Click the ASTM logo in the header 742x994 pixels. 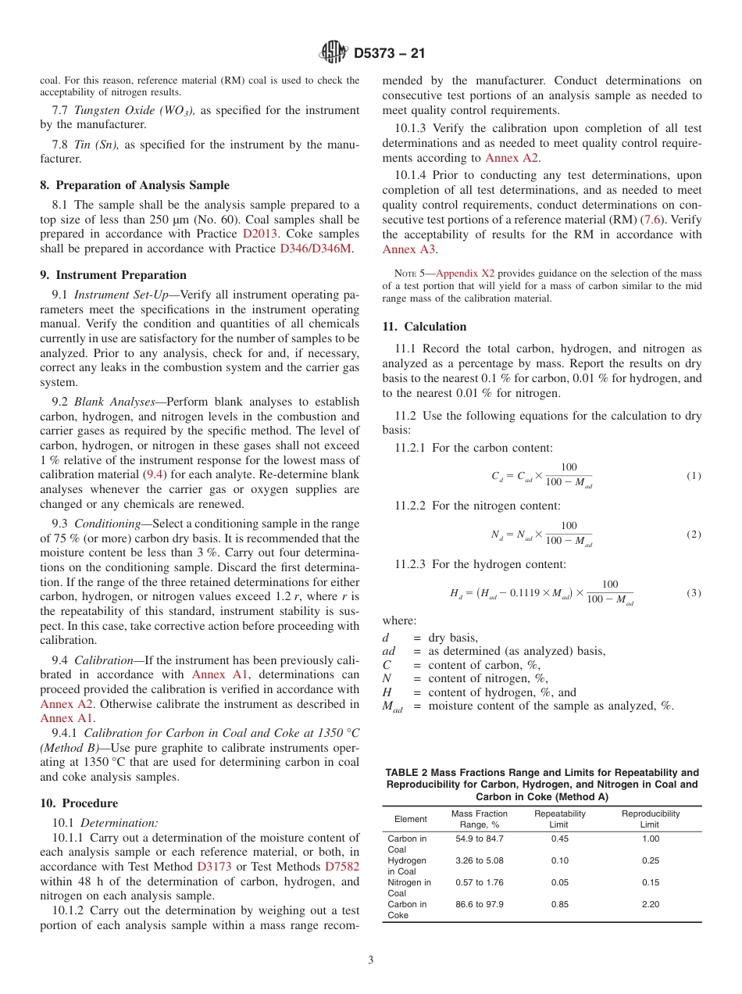[334, 54]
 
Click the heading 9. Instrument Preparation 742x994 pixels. [113, 275]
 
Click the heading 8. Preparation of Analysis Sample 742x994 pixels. [134, 185]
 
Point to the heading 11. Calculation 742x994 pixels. [424, 327]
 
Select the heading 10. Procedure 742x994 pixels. [79, 803]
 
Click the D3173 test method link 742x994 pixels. [214, 867]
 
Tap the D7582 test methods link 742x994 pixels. [342, 867]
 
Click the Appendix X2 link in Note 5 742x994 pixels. [465, 274]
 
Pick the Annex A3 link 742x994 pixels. [408, 250]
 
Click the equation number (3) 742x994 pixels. [694, 593]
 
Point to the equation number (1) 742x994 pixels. [694, 476]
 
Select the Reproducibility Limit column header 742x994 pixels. [650, 819]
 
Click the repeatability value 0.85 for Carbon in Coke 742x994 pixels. [559, 904]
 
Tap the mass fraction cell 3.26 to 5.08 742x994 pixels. [479, 860]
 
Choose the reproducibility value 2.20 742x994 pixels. [650, 904]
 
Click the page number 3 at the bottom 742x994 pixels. [371, 960]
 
